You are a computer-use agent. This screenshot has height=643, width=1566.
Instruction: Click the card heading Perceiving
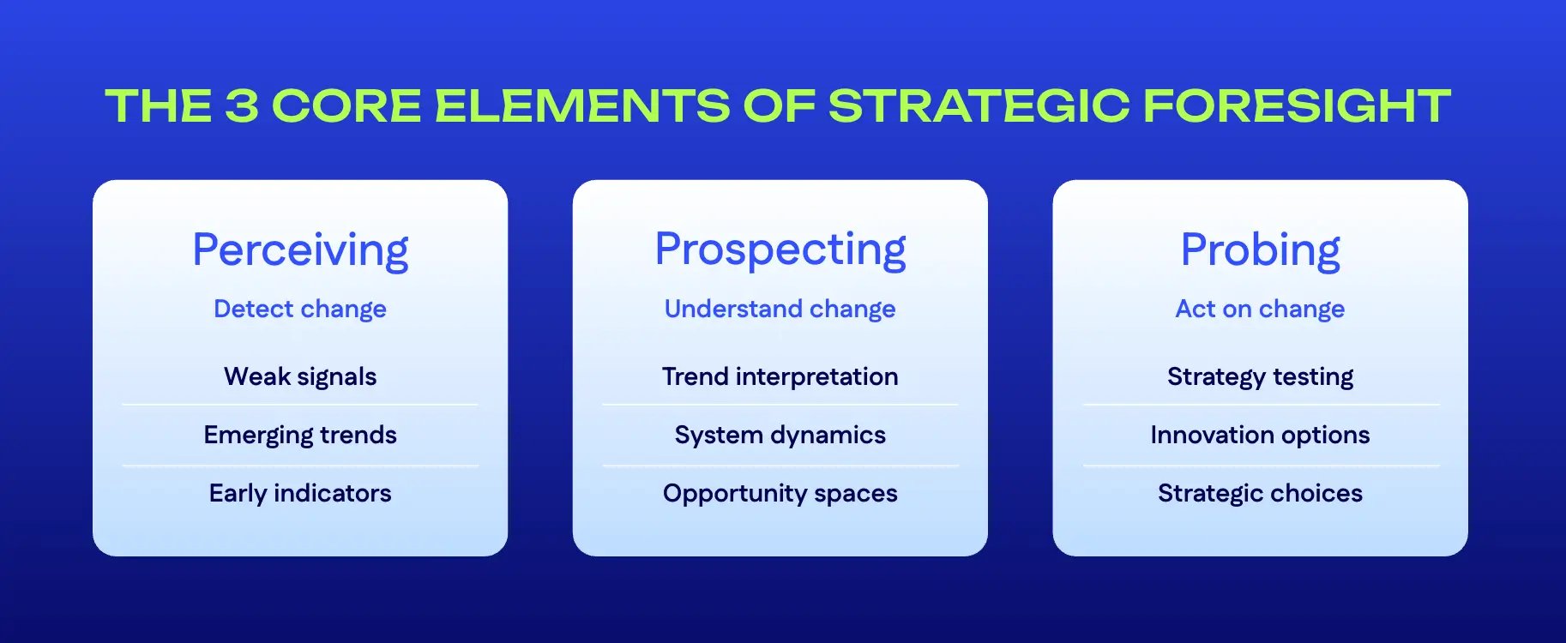point(300,250)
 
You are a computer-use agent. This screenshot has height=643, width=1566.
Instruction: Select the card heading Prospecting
point(780,250)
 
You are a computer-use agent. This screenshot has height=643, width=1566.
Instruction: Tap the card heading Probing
point(1260,250)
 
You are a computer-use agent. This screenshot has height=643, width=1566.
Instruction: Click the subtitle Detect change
point(300,309)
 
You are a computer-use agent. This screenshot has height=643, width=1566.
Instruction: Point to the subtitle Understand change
point(780,309)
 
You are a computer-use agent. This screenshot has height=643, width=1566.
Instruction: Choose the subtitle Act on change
point(1260,309)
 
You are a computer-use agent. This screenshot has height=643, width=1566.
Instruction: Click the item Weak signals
point(300,376)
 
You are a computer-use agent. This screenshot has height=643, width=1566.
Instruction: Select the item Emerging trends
point(300,435)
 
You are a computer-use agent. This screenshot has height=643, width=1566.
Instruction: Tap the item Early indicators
point(300,493)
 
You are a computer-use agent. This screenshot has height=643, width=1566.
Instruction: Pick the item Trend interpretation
point(780,376)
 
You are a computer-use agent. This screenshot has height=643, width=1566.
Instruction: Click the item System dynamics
point(780,435)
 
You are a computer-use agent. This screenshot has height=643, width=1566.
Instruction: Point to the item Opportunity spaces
point(780,493)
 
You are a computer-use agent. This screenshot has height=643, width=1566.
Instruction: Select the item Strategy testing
point(1260,376)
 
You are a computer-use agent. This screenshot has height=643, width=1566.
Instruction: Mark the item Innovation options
point(1260,435)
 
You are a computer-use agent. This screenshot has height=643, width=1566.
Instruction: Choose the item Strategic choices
point(1260,493)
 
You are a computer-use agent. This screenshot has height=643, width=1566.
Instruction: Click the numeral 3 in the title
point(241,106)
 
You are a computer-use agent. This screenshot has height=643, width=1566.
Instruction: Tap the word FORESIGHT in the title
point(1297,106)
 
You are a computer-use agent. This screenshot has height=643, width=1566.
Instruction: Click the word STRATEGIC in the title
point(979,106)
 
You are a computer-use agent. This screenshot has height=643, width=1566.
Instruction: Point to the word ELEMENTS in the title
point(582,106)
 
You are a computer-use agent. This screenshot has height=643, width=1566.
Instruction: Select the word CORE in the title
point(346,106)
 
